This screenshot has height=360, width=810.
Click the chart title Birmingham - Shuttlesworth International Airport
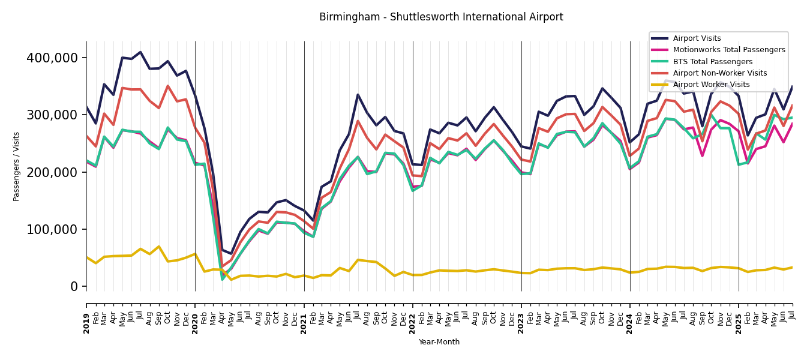pos(441,17)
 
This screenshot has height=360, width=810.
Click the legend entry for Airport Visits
pos(697,38)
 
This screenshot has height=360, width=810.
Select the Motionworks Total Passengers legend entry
pos(728,50)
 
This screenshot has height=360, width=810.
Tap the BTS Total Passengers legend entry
pos(712,62)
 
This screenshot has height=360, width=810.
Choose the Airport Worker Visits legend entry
pos(711,85)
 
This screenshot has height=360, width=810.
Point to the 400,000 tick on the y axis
pos(52,58)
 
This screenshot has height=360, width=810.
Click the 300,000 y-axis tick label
pos(52,115)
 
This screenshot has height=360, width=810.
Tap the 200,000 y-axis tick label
pos(52,172)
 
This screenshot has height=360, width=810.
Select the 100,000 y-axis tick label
pos(52,229)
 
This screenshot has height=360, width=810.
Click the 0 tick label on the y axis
pos(74,287)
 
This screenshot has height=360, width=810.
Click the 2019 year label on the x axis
pos(86,323)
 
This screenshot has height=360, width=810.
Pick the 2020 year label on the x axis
pos(195,323)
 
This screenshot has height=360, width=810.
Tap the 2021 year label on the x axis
pos(304,323)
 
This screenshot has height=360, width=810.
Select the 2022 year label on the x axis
pos(413,323)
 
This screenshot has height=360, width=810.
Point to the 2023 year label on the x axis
pos(521,323)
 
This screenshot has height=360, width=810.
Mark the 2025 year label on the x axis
pos(739,323)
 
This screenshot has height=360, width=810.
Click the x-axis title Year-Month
pos(439,342)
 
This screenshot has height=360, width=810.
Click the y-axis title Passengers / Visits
pos(17,166)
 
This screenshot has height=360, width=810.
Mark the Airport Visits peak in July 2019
pos(140,52)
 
